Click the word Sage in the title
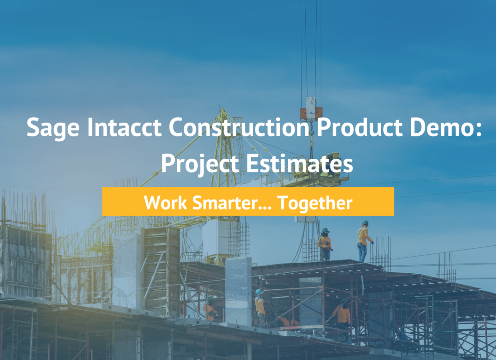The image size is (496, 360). coord(53,128)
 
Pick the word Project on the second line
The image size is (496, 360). coord(200,164)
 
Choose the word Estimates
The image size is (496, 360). coord(299,163)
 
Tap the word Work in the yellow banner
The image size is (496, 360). coord(165,202)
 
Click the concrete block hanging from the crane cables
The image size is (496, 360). coord(311,109)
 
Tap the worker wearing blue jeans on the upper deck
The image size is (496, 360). coord(363,241)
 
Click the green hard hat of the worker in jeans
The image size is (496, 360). coord(365,223)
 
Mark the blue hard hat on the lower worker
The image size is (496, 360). coord(259,291)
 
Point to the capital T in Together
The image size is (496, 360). coord(283,202)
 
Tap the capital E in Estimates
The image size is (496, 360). coord(252,163)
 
